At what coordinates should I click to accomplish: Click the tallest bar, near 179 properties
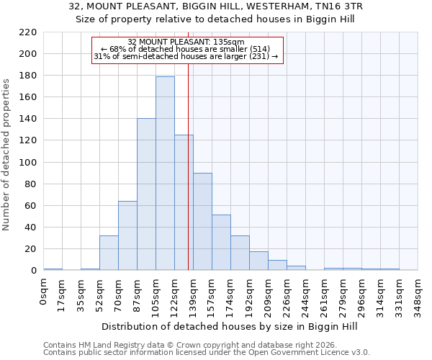(165, 173)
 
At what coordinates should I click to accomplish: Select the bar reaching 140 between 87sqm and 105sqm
(146, 194)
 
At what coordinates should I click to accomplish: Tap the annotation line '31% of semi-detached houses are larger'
(186, 56)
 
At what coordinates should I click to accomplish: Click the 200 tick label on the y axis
(27, 54)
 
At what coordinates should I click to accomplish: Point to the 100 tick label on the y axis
(27, 162)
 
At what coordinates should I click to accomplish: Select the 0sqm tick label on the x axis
(44, 291)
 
